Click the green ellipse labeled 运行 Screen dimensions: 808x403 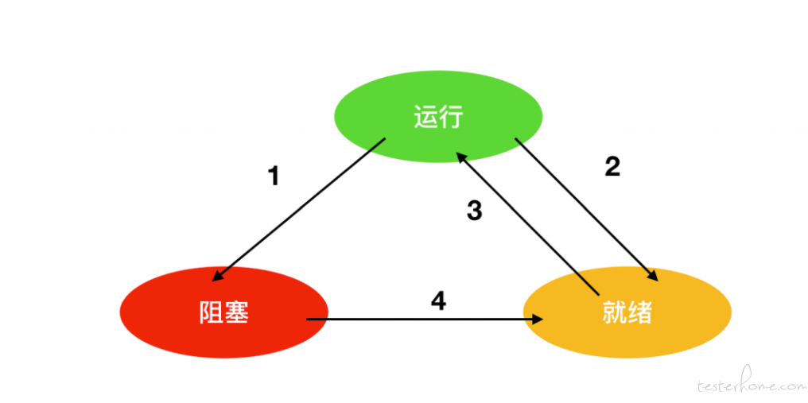tap(438, 117)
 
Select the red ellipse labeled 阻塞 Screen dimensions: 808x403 tap(224, 312)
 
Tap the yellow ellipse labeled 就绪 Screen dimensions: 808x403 tap(627, 312)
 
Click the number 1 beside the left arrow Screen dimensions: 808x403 tap(274, 176)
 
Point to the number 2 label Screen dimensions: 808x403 tap(612, 166)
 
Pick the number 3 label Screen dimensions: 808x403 tap(474, 211)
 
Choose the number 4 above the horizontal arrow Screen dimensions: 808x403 tap(438, 300)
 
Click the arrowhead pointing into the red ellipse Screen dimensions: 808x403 tap(218, 276)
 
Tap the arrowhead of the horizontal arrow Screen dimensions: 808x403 tap(538, 320)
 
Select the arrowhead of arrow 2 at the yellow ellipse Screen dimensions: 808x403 tap(652, 275)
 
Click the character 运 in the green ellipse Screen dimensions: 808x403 tap(425, 117)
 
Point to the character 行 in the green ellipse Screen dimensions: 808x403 tap(452, 117)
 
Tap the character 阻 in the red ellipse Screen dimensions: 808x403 tap(212, 312)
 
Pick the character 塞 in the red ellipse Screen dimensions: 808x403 tap(237, 312)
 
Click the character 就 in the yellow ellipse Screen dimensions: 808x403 tap(614, 312)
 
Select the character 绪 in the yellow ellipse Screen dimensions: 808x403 tap(640, 312)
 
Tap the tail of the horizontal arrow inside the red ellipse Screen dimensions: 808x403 tap(307, 320)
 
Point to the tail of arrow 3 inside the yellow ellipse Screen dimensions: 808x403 tap(598, 295)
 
